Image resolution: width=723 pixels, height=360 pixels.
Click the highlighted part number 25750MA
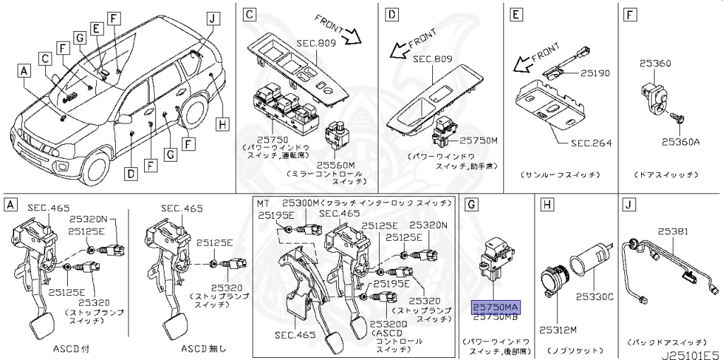[x=494, y=308]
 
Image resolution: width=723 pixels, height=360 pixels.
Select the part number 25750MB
[x=494, y=318]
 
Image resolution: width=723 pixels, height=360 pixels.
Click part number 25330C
[x=594, y=296]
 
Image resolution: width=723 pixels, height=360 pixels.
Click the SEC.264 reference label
[x=590, y=143]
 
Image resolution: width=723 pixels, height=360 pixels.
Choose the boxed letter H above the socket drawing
[x=546, y=205]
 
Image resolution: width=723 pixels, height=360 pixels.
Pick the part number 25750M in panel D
[x=479, y=140]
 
